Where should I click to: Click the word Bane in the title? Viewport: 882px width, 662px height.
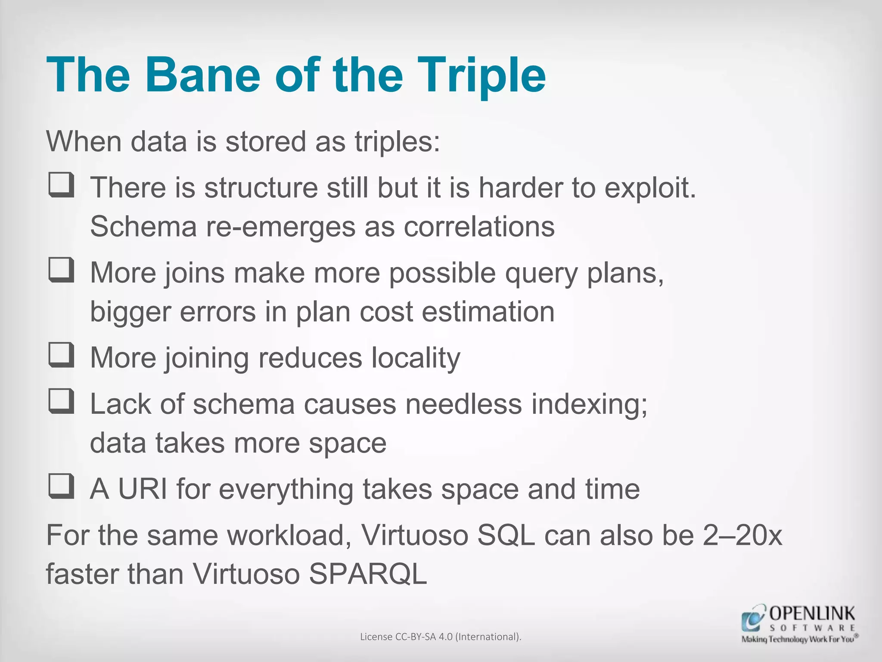coord(202,75)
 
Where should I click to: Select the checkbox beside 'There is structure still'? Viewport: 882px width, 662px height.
coord(61,185)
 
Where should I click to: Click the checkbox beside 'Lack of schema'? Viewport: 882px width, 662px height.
coord(61,401)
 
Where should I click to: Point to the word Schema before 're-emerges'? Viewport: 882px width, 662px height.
coord(143,226)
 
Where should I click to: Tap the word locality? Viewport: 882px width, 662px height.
coord(416,358)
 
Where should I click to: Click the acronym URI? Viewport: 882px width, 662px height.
coord(143,489)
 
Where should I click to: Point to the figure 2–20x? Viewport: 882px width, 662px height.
coord(742,535)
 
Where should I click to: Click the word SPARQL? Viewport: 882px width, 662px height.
coord(368,574)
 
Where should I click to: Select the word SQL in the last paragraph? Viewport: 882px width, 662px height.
coord(506,535)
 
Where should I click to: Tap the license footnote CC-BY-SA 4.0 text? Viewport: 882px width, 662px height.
coord(441,637)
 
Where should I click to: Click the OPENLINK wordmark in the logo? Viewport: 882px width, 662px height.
coord(812,613)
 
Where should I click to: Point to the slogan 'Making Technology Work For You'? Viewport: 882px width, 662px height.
coord(798,639)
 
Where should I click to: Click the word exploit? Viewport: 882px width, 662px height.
coord(650,188)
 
